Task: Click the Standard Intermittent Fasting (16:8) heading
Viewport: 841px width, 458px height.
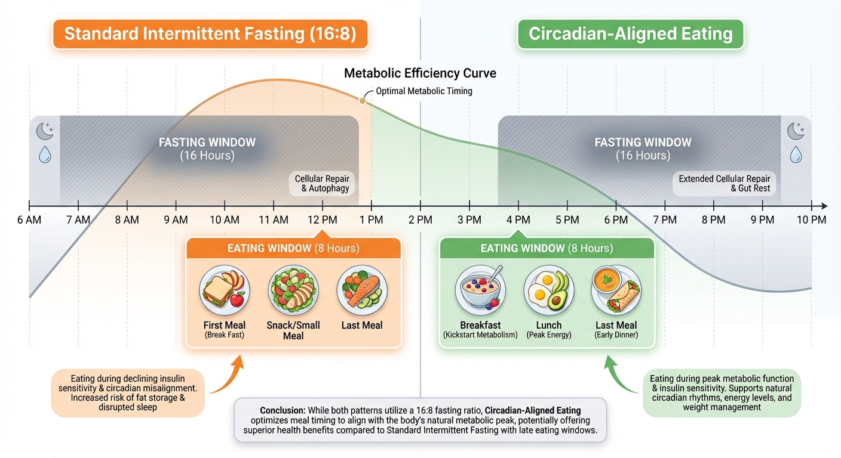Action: click(x=210, y=33)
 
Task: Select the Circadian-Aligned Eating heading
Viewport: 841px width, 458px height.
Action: click(x=630, y=33)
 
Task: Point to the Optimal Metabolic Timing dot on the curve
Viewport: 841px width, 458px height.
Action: click(x=362, y=100)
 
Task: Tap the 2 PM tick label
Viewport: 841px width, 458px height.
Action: click(x=420, y=220)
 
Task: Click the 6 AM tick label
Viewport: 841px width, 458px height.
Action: click(x=29, y=220)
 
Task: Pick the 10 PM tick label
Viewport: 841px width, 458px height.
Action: click(x=811, y=220)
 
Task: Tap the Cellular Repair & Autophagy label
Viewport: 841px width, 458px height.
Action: click(x=322, y=184)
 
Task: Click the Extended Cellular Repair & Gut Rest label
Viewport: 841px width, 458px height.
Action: click(x=725, y=184)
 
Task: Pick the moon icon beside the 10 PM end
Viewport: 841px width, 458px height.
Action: click(x=795, y=131)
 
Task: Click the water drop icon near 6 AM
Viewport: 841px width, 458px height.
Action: click(x=45, y=155)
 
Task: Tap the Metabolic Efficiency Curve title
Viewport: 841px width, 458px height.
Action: click(x=420, y=73)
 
